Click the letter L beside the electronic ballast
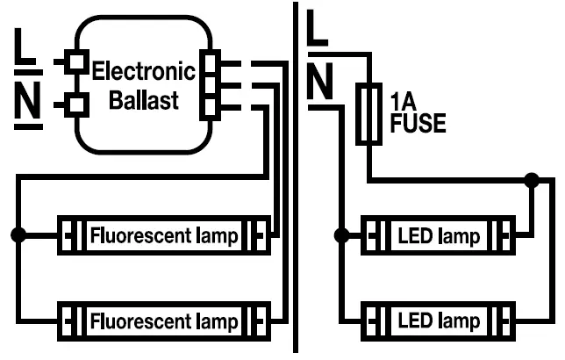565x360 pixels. click(x=26, y=49)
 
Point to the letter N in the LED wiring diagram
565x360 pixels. click(x=321, y=83)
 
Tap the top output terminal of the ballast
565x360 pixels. click(x=210, y=63)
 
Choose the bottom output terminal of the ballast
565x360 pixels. click(x=210, y=106)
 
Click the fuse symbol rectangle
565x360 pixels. click(x=368, y=114)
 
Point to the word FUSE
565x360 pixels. click(x=417, y=124)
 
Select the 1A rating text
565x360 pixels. click(x=400, y=101)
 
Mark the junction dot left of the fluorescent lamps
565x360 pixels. click(x=18, y=235)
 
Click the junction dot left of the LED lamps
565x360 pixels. click(x=341, y=235)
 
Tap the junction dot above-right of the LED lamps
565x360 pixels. click(x=531, y=181)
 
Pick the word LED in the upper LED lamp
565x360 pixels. click(x=415, y=236)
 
